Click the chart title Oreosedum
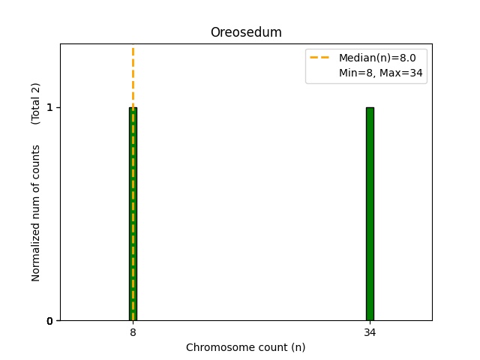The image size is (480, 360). pyautogui.click(x=246, y=32)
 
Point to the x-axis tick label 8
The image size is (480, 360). pyautogui.click(x=133, y=332)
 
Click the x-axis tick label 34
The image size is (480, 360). pyautogui.click(x=370, y=332)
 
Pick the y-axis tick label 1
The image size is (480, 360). pyautogui.click(x=49, y=107)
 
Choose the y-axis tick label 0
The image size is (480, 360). pyautogui.click(x=49, y=321)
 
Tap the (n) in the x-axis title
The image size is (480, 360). pyautogui.click(x=298, y=347)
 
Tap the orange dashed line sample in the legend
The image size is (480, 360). pyautogui.click(x=320, y=57)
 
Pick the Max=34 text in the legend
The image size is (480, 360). pyautogui.click(x=401, y=72)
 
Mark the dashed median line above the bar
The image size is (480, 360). pyautogui.click(x=133, y=75)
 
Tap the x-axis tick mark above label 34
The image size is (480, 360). pyautogui.click(x=370, y=322)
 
